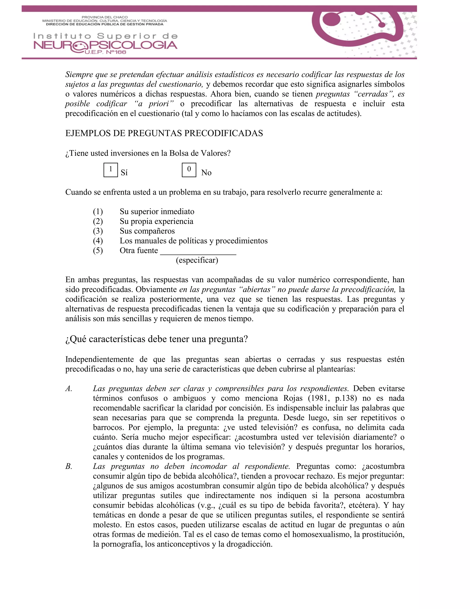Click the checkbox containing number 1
click(x=111, y=170)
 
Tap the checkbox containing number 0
click(x=189, y=170)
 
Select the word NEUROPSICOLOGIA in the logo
click(x=105, y=46)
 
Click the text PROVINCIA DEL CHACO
click(x=105, y=17)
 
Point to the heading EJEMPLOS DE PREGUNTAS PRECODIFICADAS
click(x=164, y=133)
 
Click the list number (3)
click(x=98, y=231)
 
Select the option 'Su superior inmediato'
click(x=157, y=211)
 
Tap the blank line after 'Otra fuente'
click(x=198, y=251)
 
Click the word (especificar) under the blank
click(x=197, y=260)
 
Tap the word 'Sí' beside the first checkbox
click(x=124, y=173)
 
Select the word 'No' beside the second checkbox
click(x=206, y=173)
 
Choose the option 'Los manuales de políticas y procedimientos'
click(x=193, y=241)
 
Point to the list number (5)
click(x=98, y=250)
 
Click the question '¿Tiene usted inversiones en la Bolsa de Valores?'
click(x=148, y=153)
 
